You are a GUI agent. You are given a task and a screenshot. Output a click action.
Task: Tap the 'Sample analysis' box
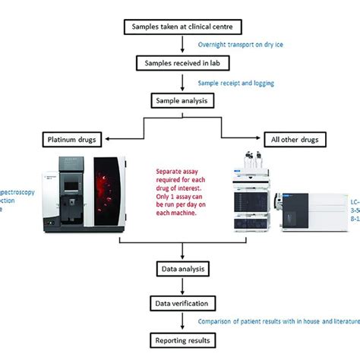[180, 99]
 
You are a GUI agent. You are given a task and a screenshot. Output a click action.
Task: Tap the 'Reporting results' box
[180, 339]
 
